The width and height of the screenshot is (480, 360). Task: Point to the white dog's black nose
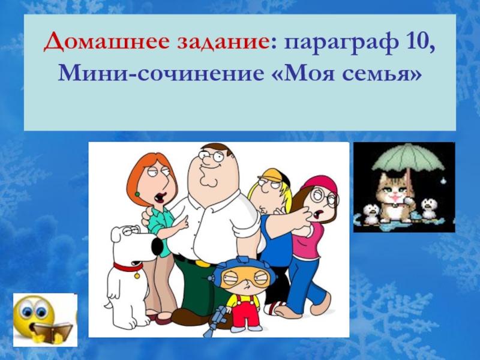tap(157, 247)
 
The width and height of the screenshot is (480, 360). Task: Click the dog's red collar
tap(128, 268)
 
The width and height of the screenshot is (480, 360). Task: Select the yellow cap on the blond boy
tap(271, 175)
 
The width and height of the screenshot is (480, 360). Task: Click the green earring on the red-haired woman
tap(137, 194)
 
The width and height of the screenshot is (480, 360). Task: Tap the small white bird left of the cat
tap(371, 212)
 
